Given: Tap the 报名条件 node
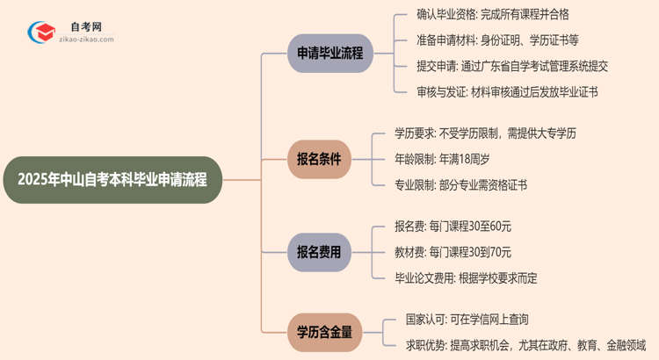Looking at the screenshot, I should [317, 160].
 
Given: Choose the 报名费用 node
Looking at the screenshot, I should [317, 252].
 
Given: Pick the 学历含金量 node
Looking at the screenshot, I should [323, 330].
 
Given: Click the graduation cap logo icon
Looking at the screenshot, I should [39, 33].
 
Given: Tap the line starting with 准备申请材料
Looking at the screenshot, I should [496, 40].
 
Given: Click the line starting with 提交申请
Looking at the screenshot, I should [512, 66].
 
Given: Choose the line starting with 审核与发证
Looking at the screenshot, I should [507, 91].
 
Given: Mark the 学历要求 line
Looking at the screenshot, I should [485, 133].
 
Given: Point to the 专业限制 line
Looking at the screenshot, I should [460, 184].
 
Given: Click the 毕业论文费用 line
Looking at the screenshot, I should [466, 277].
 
